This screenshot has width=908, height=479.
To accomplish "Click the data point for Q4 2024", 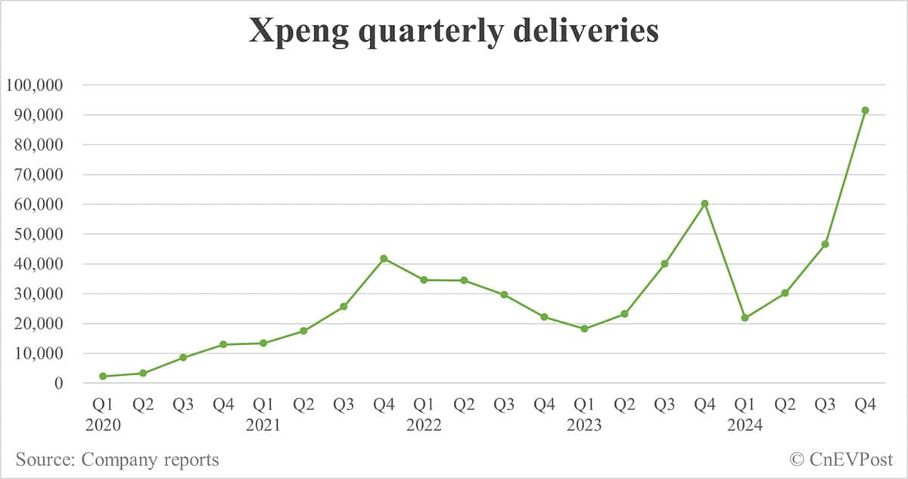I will [x=865, y=110].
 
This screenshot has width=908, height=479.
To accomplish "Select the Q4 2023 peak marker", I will [x=704, y=204].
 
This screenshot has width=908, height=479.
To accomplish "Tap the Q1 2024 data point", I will [x=745, y=318].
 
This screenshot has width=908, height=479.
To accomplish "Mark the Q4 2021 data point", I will [x=384, y=259].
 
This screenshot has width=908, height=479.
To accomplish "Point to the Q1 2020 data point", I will [x=103, y=376].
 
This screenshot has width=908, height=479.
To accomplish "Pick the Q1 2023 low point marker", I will [x=584, y=328].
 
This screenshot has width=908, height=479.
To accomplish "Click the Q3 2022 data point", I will [x=504, y=294].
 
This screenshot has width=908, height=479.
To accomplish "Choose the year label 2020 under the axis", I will [x=103, y=425].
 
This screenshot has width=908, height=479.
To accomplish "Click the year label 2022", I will [x=424, y=425].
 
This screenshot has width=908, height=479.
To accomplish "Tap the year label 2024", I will [x=745, y=425].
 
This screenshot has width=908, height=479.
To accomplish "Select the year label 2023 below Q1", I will [x=584, y=425].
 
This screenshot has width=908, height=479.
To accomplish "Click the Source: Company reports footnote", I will [x=117, y=459].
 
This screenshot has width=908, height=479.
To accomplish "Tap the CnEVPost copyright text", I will [x=841, y=459].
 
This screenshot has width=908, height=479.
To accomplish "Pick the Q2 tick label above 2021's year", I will [x=303, y=406].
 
